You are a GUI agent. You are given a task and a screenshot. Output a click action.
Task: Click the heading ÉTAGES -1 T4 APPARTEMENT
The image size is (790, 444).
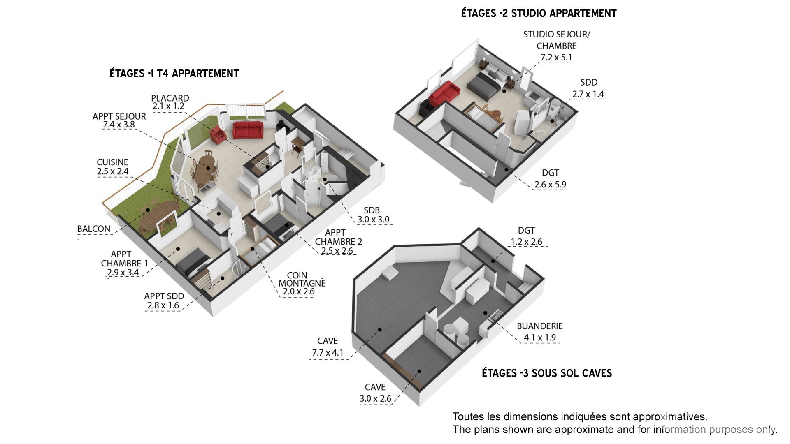(x=174, y=74)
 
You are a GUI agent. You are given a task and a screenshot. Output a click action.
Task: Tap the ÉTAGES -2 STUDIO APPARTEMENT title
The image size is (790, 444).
(x=539, y=14)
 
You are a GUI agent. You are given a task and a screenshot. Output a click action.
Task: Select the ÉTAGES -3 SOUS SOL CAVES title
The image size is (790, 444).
(x=547, y=373)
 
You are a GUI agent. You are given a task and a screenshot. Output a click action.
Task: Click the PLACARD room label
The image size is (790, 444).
(x=170, y=98)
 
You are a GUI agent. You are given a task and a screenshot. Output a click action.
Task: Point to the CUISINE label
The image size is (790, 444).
(x=112, y=162)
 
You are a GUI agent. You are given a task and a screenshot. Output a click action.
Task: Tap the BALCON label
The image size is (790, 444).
(x=94, y=229)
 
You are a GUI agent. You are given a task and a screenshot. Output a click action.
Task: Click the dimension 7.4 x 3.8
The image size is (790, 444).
(x=119, y=125)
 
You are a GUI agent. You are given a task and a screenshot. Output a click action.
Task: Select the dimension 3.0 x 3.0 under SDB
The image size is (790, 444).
(x=373, y=220)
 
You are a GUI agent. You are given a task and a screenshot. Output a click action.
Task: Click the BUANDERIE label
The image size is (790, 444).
(x=540, y=326)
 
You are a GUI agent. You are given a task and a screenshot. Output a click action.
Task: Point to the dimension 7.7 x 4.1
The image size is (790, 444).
(x=328, y=353)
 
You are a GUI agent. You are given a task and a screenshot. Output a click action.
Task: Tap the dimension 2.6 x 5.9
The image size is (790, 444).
(x=550, y=185)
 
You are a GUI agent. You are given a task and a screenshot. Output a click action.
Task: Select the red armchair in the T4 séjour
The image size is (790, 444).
(x=218, y=135)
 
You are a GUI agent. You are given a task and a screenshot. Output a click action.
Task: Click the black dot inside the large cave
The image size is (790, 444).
(x=380, y=330)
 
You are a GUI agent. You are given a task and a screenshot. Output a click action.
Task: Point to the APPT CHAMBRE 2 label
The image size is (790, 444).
(x=339, y=237)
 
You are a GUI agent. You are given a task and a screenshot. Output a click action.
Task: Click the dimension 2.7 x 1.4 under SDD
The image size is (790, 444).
(x=588, y=94)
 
